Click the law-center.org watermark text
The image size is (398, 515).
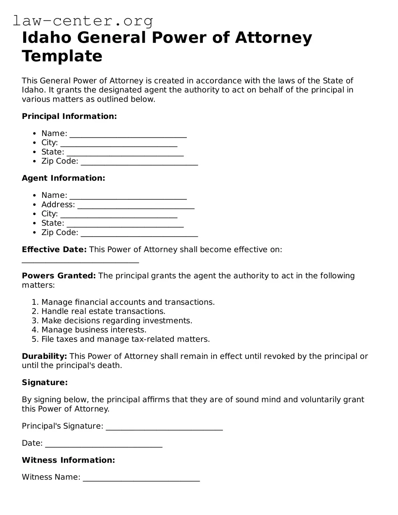tap(83, 21)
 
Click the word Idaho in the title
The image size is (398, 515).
tap(47, 37)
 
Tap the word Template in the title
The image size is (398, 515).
tap(62, 55)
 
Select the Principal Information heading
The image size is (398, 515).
tap(69, 116)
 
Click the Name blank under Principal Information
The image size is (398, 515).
tap(128, 134)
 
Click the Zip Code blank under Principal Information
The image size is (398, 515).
tap(139, 162)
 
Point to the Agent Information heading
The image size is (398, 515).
tap(63, 178)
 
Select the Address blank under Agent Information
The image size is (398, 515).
tap(136, 206)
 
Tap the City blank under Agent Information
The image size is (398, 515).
tap(119, 215)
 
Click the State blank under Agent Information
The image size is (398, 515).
tap(125, 224)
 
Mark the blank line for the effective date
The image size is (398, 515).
tap(80, 260)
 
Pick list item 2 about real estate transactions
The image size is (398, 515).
tap(103, 311)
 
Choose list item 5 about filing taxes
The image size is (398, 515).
tap(125, 339)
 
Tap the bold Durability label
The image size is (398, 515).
tap(44, 356)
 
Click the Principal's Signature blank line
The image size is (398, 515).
tap(164, 427)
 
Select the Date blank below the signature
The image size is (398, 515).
tap(104, 444)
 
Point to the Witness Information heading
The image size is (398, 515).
tap(68, 460)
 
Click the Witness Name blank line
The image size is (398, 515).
tap(141, 478)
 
